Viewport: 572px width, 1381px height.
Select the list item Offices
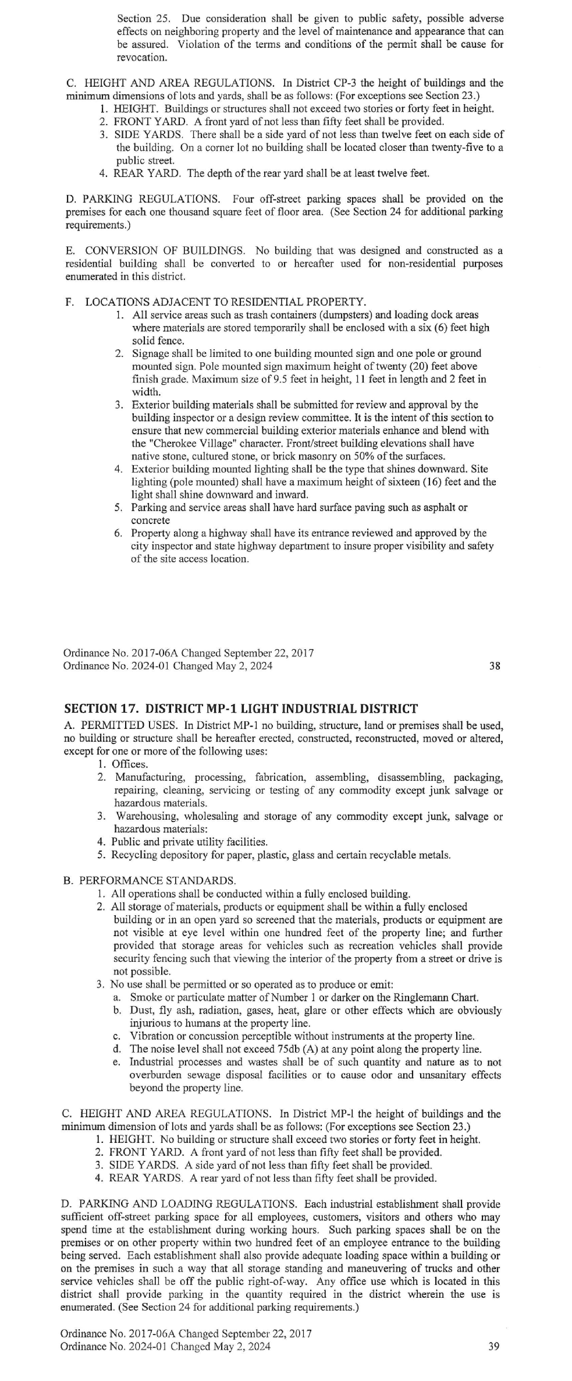coord(130,764)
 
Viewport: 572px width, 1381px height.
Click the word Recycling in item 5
coord(136,855)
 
